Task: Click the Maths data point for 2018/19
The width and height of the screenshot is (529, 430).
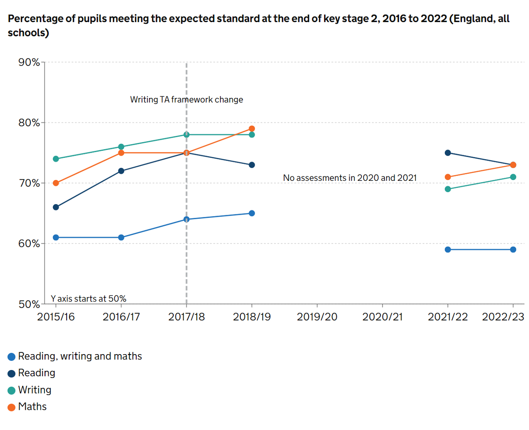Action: point(252,129)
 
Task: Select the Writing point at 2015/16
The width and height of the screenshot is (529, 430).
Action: point(56,159)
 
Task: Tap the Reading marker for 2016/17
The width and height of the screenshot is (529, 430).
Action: point(121,171)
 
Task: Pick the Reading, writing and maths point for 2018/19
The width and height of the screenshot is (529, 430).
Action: point(252,213)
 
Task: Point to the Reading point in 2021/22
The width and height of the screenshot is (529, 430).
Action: point(448,153)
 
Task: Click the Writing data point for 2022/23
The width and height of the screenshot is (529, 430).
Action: point(513,177)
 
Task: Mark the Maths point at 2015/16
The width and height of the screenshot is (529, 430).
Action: point(56,183)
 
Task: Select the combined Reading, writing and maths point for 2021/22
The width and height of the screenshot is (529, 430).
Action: point(448,250)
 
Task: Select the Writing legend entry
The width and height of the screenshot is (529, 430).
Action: point(34,390)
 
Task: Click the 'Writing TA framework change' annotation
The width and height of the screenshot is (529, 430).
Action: point(186,100)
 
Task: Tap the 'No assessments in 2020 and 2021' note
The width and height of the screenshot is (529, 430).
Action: point(350,178)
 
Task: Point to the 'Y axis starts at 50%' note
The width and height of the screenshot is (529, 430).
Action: point(89,299)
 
